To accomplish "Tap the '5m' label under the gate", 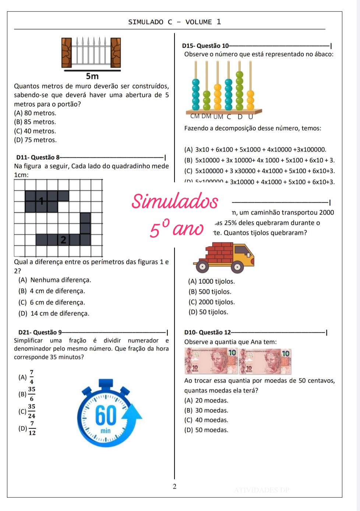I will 92,76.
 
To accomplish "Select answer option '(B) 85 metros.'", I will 35,122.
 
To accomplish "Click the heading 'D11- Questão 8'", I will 38,157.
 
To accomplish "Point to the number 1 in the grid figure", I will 42,201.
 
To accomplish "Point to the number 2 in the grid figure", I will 63,240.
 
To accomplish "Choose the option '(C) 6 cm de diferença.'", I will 52,302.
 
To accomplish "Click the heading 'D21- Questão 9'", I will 40,332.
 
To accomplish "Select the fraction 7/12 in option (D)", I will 32,428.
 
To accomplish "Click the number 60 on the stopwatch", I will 106,416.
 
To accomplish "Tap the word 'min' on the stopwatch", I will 106,431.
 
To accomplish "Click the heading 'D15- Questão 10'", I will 205,46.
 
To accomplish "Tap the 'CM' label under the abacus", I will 195,116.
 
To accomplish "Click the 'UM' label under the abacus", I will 218,117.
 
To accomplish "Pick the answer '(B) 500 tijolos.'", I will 210,292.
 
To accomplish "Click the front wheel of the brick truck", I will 238,267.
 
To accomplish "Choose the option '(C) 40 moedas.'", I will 206,420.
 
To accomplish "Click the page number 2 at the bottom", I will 174,486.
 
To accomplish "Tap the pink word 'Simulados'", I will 175,202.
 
